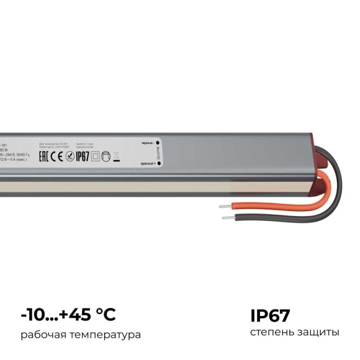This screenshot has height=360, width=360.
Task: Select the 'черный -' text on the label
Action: tap(149, 143)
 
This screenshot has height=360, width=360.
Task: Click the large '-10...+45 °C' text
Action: tap(68, 315)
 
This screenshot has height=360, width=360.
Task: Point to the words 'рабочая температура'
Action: tap(81, 335)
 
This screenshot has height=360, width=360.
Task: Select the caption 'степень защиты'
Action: tap(294, 334)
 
